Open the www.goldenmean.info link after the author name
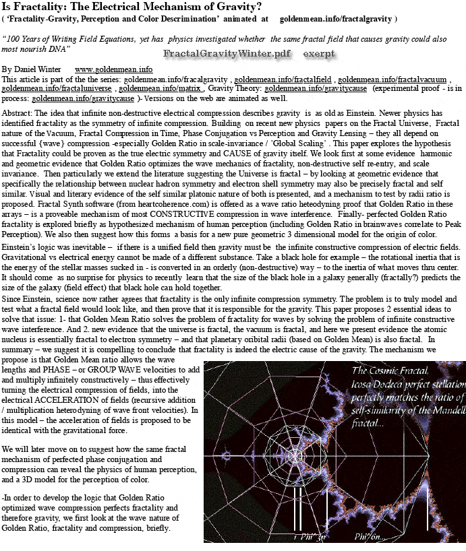pos(113,69)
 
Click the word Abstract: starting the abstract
pos(18,114)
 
